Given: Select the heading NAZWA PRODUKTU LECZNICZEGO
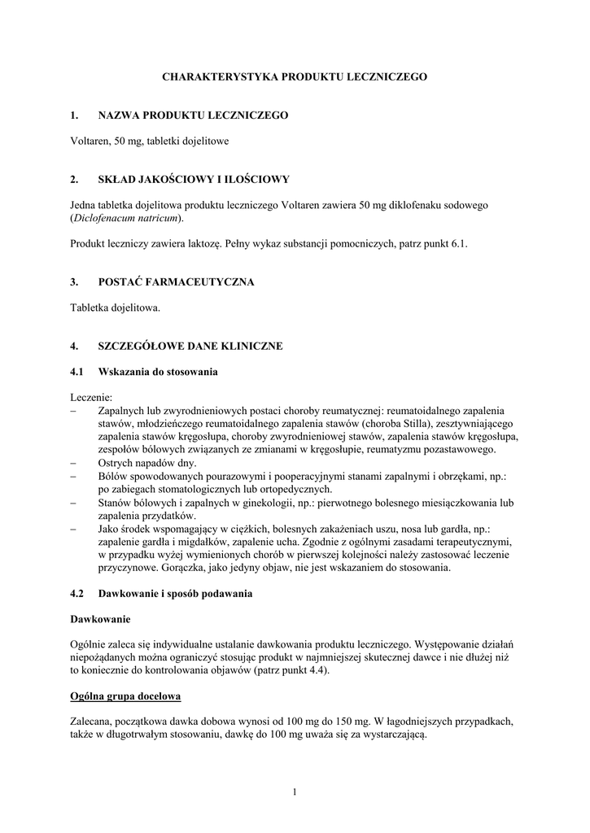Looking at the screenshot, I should (x=193, y=117).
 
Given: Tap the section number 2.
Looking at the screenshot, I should (x=74, y=179).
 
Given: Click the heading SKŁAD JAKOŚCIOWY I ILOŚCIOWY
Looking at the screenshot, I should (x=194, y=179).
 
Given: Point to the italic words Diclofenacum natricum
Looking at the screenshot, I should (x=127, y=218).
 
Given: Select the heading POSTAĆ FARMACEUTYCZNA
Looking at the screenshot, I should (x=176, y=282).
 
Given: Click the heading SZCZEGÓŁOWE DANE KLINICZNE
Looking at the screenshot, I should (x=190, y=347).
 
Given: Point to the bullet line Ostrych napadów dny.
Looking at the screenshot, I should (x=142, y=462).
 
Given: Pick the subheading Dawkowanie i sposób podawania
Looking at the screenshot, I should (x=175, y=593).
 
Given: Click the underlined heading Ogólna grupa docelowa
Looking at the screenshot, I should (x=126, y=696).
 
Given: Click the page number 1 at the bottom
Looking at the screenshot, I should (x=295, y=793).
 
